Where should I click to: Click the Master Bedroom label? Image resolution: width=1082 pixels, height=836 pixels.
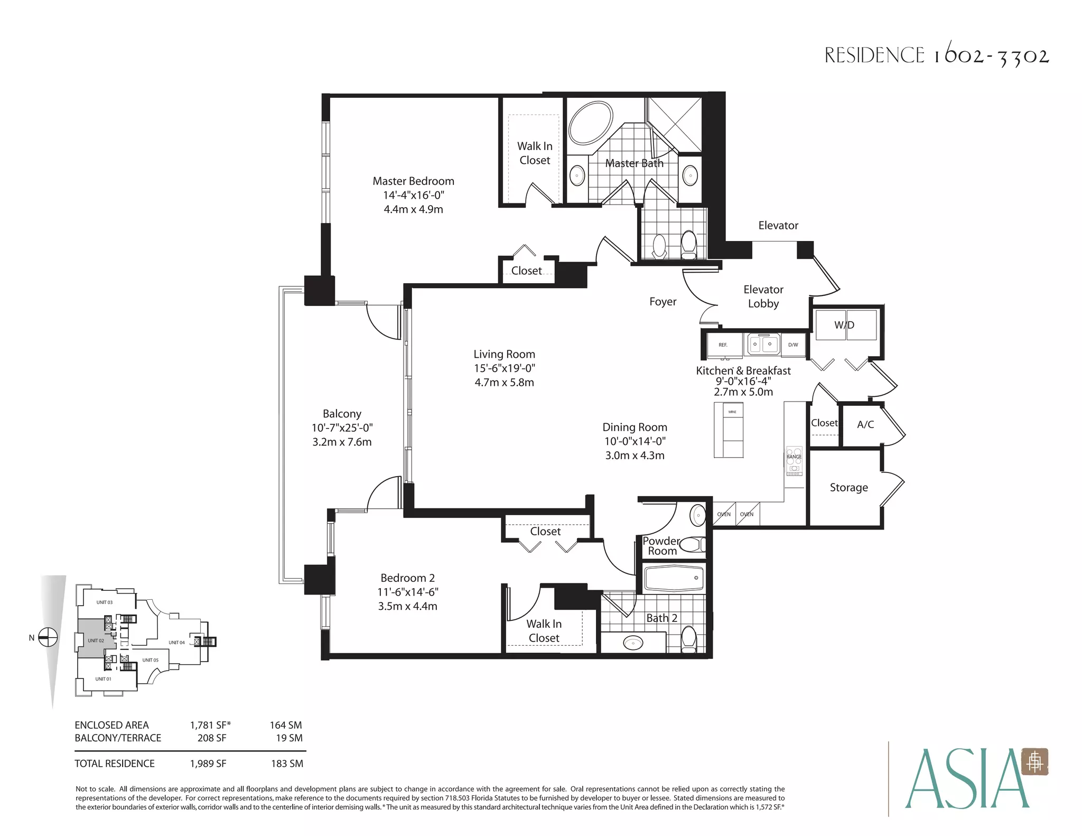[x=413, y=181]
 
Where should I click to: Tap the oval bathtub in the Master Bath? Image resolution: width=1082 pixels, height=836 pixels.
[x=591, y=122]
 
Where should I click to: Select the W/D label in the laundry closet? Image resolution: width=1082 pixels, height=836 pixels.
[x=844, y=325]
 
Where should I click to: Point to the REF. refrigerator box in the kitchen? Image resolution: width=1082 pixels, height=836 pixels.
[x=724, y=345]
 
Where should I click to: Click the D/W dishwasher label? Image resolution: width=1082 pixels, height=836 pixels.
[x=793, y=345]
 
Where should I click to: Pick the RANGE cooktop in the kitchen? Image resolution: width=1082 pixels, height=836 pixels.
[x=794, y=461]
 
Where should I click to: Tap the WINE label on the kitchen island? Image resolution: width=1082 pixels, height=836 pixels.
[x=732, y=412]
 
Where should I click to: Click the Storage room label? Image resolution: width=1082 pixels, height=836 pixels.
[x=848, y=488]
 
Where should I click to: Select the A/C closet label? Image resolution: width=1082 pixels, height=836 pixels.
[x=865, y=424]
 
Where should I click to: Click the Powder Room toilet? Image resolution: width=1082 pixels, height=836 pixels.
[x=693, y=544]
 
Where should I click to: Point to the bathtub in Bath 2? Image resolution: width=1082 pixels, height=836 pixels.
[x=674, y=578]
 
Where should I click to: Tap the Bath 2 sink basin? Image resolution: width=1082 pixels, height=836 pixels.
[x=633, y=643]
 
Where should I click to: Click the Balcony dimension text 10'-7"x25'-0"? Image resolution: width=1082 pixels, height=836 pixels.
[x=342, y=428]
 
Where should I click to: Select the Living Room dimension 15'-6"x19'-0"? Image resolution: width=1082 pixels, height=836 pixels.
[x=504, y=368]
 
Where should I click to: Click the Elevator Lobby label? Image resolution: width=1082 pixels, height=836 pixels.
[x=763, y=296]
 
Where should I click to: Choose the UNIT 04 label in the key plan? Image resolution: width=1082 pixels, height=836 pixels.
[x=177, y=643]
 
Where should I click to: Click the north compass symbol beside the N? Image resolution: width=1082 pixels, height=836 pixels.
[x=48, y=637]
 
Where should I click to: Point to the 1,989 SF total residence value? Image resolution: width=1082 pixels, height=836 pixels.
[x=208, y=764]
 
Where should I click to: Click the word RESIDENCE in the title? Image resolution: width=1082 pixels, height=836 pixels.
[x=874, y=55]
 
